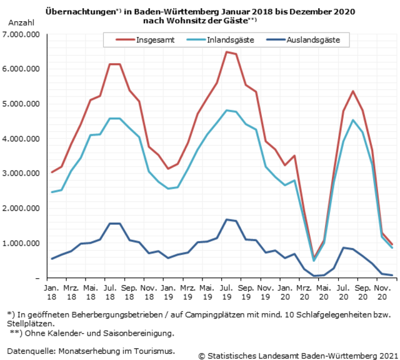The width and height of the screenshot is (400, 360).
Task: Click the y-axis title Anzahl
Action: (19, 22)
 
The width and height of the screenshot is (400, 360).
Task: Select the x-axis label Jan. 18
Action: (51, 291)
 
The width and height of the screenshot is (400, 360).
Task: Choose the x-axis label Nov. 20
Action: (381, 291)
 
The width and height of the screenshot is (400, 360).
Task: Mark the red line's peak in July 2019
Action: (226, 52)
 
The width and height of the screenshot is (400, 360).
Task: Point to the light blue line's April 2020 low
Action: (314, 261)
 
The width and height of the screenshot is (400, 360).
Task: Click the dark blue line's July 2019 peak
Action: (226, 219)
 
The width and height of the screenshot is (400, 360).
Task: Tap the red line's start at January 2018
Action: (51, 172)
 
